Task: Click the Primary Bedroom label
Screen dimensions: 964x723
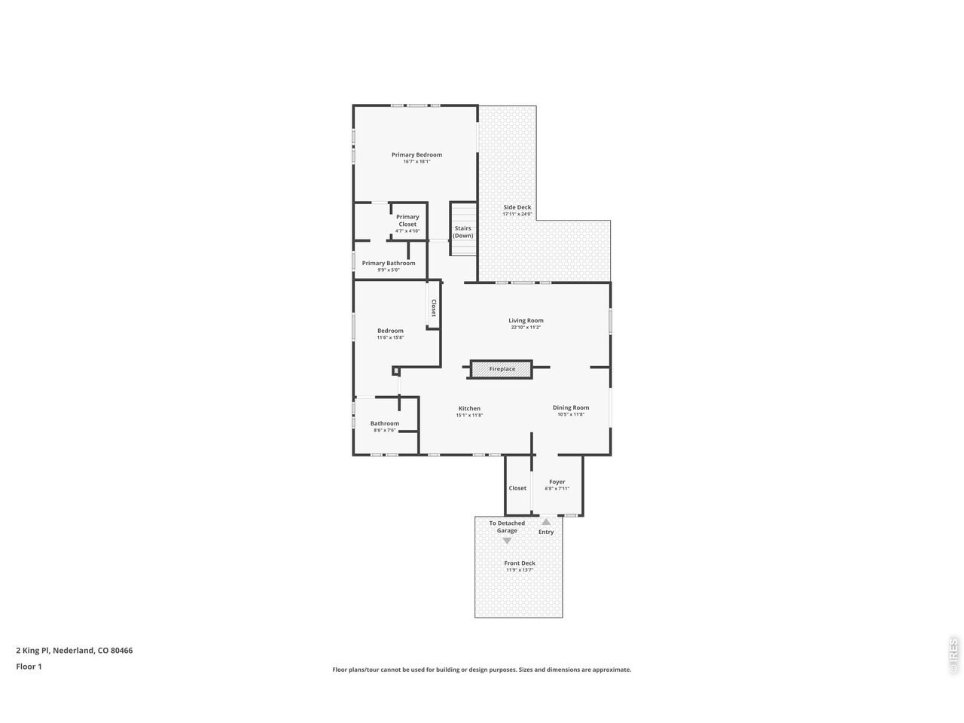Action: coord(416,154)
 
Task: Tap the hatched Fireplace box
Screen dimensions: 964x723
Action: coord(501,369)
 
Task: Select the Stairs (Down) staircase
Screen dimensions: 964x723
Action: coord(463,229)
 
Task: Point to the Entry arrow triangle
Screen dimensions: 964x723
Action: coord(546,522)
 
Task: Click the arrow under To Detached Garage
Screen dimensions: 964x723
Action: coord(507,541)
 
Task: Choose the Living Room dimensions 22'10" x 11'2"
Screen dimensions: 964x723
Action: coord(526,328)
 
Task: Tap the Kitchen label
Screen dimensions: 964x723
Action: coord(469,408)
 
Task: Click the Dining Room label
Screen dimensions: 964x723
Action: coord(571,407)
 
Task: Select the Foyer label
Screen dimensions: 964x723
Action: coord(557,481)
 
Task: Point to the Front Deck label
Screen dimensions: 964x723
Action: coord(520,563)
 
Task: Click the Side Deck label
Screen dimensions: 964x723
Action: coord(517,207)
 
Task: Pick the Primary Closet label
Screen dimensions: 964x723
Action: coord(407,221)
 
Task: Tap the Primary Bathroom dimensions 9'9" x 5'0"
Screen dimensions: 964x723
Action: coord(388,270)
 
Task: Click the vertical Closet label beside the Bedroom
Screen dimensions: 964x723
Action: coord(434,308)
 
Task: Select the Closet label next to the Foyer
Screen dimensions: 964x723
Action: coord(517,488)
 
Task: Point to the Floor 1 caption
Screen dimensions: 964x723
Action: coord(29,667)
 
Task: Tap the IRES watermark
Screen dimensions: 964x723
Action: coord(953,656)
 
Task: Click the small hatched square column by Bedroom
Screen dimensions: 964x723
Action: coord(396,371)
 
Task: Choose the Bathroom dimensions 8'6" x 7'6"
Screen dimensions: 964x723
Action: coord(384,431)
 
